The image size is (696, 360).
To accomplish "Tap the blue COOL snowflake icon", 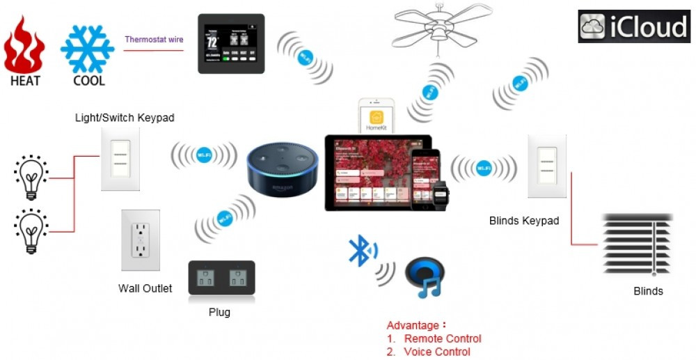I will pyautogui.click(x=88, y=48).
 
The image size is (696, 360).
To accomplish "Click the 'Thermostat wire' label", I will pyautogui.click(x=154, y=40).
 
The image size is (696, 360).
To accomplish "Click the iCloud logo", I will pyautogui.click(x=633, y=26).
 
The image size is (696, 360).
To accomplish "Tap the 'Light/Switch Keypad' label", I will pyautogui.click(x=125, y=118).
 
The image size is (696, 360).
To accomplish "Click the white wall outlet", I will pyautogui.click(x=141, y=240).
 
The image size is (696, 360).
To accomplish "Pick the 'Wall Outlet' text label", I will pyautogui.click(x=145, y=288).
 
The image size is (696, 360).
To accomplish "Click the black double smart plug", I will pyautogui.click(x=221, y=279).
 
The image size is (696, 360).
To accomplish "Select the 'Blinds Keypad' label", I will pyautogui.click(x=523, y=221).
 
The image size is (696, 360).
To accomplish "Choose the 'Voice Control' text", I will pyautogui.click(x=436, y=352).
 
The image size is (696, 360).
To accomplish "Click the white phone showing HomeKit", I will pyautogui.click(x=376, y=116).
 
